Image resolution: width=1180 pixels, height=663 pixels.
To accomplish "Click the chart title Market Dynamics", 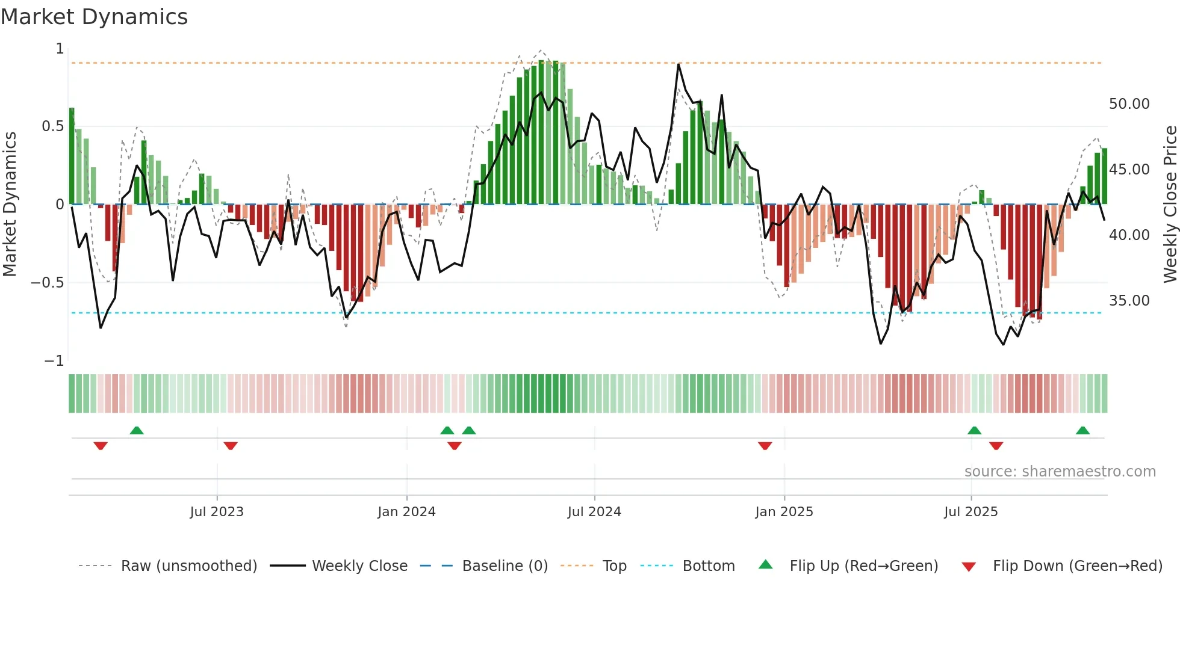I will (94, 17).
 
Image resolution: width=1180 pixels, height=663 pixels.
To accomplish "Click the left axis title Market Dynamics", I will (10, 205).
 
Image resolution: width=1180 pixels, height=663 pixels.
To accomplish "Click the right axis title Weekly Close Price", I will (1170, 205).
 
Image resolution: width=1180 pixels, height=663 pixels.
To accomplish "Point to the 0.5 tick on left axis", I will (52, 126).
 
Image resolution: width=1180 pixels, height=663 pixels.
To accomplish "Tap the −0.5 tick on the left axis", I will (48, 283).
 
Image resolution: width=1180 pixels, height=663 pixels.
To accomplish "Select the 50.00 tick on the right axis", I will (1129, 104).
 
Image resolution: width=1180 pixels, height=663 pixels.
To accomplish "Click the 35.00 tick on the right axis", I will (1129, 301).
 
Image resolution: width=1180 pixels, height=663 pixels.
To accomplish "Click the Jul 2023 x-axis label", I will (217, 512).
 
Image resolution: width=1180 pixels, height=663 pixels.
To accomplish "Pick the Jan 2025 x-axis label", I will (784, 512).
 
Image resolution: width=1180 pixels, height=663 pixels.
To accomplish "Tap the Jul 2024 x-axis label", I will (594, 512).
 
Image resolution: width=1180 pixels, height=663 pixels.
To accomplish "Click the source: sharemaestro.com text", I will (1060, 472).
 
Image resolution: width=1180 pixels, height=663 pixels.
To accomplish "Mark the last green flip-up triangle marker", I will (1082, 430).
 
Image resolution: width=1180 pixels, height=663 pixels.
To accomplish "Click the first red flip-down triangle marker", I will (101, 446).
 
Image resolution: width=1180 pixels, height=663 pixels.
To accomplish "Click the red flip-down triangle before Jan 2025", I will (765, 446).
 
